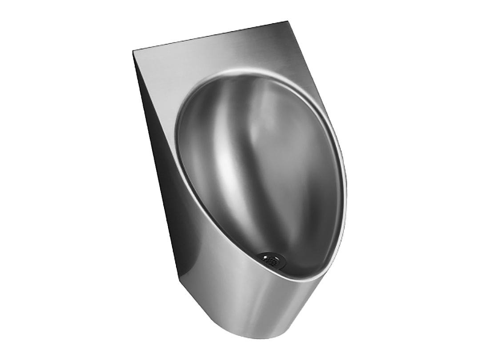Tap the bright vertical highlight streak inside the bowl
[222, 147]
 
